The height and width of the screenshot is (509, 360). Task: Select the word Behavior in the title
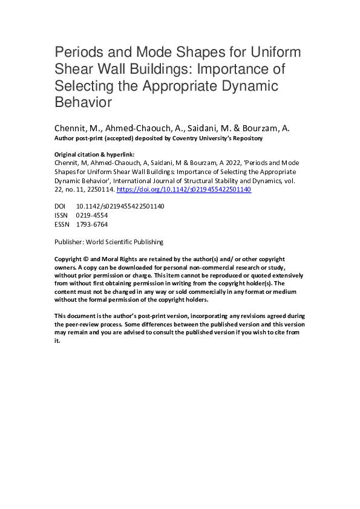pyautogui.click(x=83, y=102)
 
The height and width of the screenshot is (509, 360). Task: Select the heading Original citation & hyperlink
pyautogui.click(x=91, y=154)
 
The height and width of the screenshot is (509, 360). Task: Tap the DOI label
pyautogui.click(x=61, y=206)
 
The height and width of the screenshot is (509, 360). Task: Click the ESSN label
pyautogui.click(x=62, y=224)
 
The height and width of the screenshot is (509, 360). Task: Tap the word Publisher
pyautogui.click(x=69, y=242)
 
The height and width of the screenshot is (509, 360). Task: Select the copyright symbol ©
pyautogui.click(x=87, y=259)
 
